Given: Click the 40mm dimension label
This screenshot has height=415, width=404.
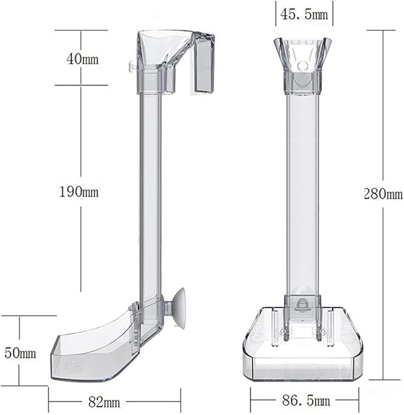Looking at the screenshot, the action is (82, 58).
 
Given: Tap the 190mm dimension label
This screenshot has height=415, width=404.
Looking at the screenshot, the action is (79, 192).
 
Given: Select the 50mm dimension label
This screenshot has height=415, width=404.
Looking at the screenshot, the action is (20, 353).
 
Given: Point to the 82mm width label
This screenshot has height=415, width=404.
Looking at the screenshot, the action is (104, 402).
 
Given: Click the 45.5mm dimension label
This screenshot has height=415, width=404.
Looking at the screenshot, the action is (304, 14).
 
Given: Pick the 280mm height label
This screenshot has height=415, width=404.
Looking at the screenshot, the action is (383, 194).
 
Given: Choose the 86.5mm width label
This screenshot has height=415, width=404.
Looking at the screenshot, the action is (306, 400).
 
